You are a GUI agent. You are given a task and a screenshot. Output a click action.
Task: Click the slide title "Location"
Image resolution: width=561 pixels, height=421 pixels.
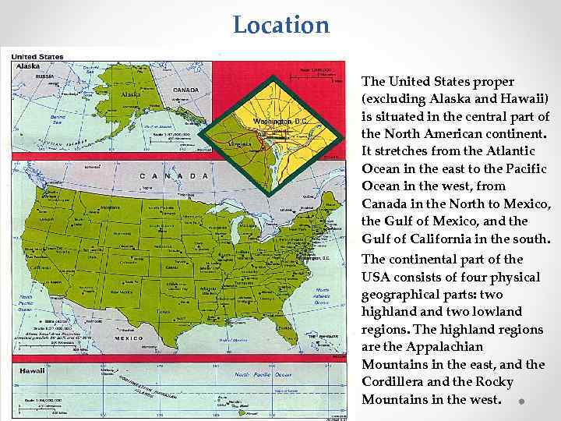(x=281, y=25)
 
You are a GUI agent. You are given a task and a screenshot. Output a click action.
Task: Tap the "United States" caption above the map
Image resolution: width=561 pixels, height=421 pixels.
(x=37, y=56)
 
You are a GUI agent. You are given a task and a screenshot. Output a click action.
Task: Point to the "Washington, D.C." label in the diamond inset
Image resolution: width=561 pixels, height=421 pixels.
(x=281, y=122)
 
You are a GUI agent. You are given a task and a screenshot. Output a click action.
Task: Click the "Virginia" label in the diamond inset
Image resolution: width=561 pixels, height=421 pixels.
(x=242, y=143)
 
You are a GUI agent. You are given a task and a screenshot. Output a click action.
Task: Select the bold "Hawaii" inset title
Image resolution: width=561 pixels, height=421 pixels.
(x=32, y=370)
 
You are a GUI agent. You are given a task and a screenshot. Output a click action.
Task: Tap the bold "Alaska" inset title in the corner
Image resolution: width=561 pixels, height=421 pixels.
(x=28, y=66)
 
